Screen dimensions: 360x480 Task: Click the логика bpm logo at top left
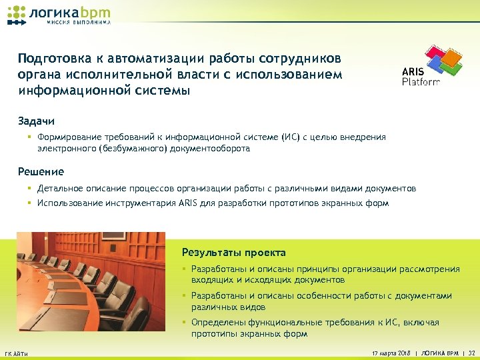coord(59,13)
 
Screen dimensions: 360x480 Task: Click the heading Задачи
coord(36,121)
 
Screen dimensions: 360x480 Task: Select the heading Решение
coord(41,172)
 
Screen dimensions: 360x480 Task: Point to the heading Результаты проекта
coord(233,253)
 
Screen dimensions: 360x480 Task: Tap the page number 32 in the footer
coord(471,351)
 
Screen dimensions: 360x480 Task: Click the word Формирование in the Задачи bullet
coord(69,137)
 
